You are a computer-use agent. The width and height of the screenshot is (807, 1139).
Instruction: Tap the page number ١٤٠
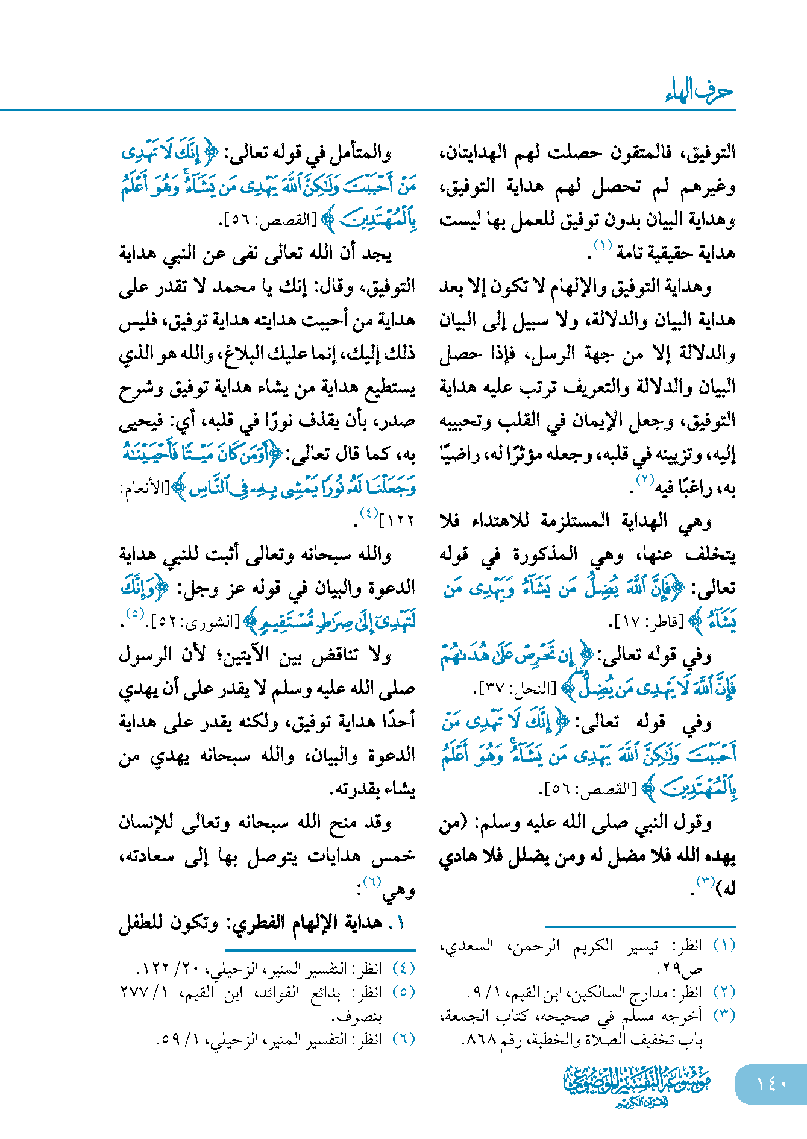click(772, 1084)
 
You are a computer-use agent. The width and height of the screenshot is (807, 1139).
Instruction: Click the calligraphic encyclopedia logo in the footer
click(637, 1085)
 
